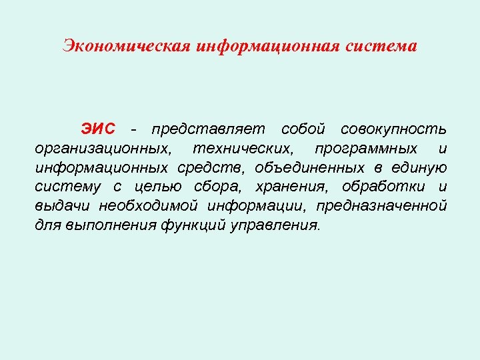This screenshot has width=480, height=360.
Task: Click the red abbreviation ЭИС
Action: (x=99, y=128)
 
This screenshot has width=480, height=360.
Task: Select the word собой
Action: (x=303, y=128)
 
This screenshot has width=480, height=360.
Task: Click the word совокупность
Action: (x=393, y=128)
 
